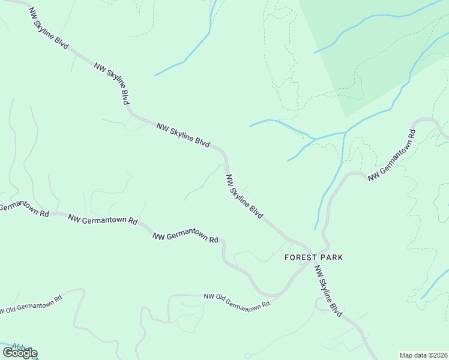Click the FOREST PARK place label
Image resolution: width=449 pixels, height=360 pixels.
pyautogui.click(x=313, y=257)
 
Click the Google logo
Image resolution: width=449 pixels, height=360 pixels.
pyautogui.click(x=20, y=353)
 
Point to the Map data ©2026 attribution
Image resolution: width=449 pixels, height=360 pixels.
pyautogui.click(x=423, y=355)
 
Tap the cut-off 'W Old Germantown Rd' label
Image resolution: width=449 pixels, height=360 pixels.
pyautogui.click(x=30, y=305)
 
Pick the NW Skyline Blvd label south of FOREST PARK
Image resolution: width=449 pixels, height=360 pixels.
pyautogui.click(x=328, y=290)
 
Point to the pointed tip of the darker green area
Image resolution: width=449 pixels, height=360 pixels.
pyautogui.click(x=346, y=117)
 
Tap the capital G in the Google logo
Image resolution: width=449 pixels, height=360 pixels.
pyautogui.click(x=8, y=353)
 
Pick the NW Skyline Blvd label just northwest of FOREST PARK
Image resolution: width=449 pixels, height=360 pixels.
pyautogui.click(x=244, y=196)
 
